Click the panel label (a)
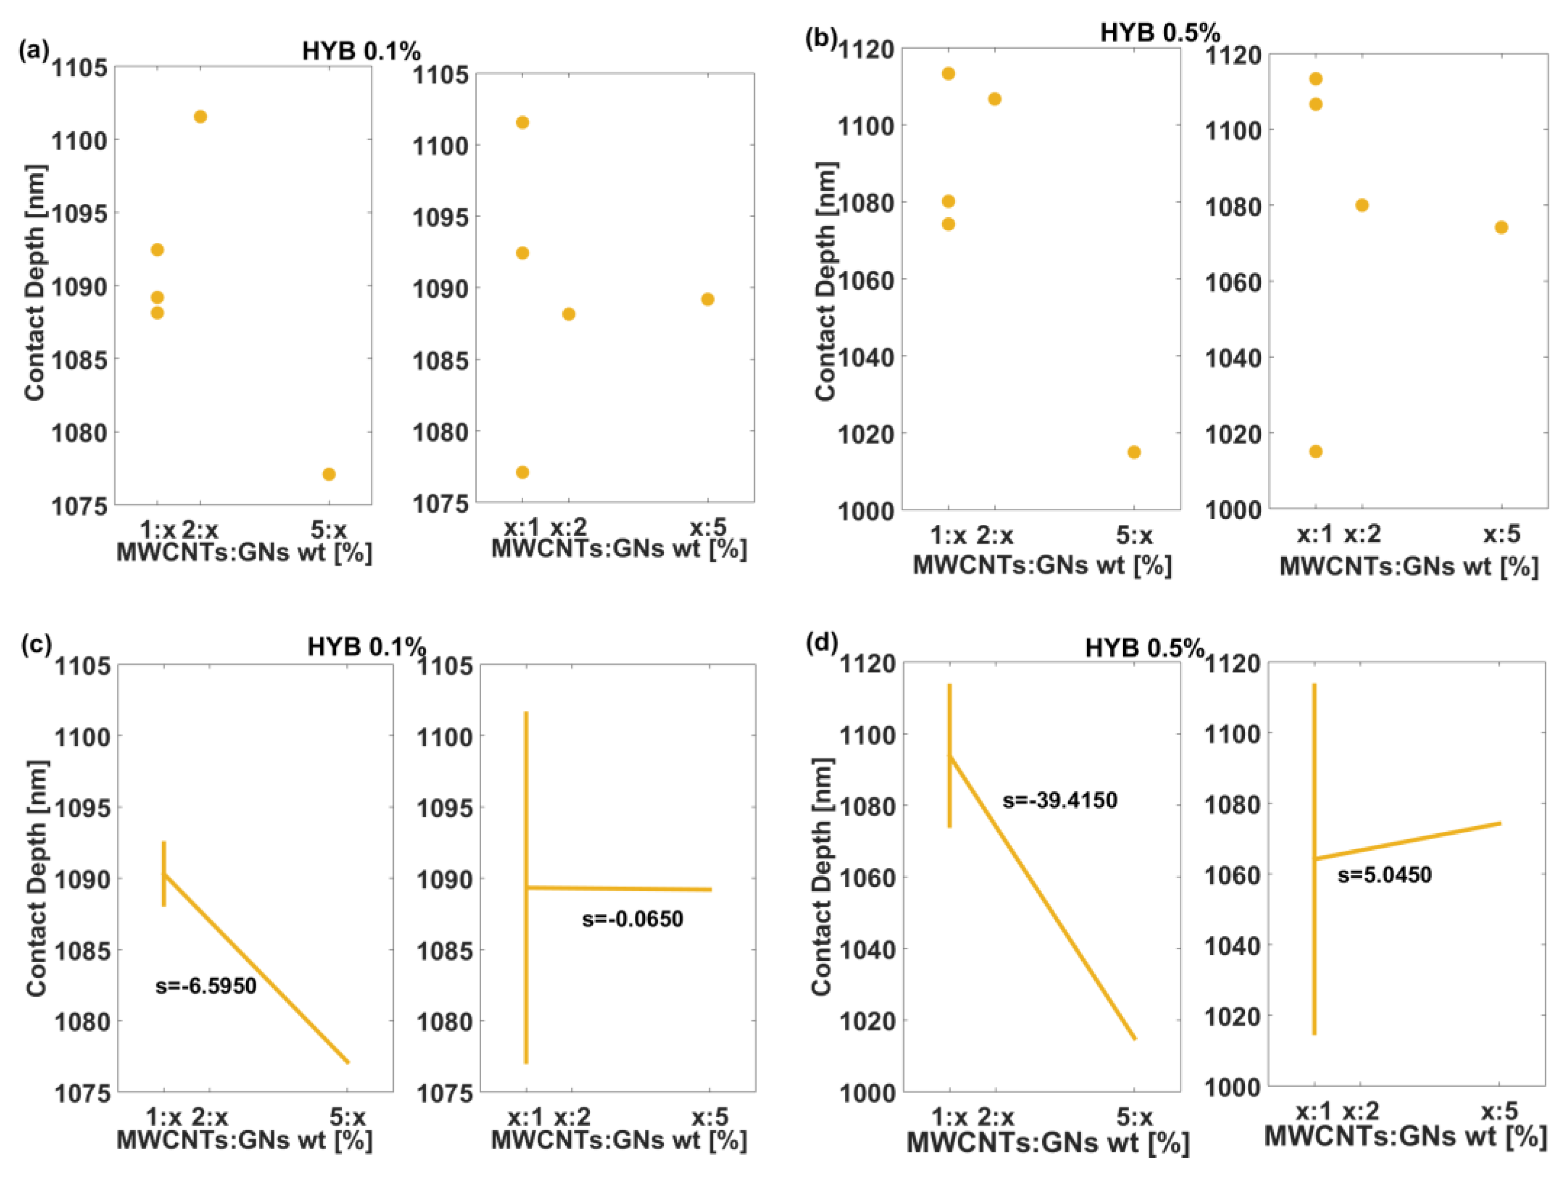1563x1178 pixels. point(34,50)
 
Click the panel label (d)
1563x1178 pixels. point(821,643)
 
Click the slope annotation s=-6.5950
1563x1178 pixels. point(206,986)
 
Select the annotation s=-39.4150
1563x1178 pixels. point(1060,800)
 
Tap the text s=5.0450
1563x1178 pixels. point(1384,875)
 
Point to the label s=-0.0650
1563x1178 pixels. point(632,919)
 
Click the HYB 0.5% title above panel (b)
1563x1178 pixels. point(1159,32)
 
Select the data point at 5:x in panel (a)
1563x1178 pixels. point(329,474)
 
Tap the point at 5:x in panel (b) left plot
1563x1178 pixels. point(1133,452)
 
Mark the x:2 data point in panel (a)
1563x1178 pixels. point(569,314)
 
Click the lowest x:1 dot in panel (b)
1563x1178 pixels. point(1316,451)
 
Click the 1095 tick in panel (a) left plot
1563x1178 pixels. point(79,213)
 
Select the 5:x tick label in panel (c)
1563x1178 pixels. point(348,1117)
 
